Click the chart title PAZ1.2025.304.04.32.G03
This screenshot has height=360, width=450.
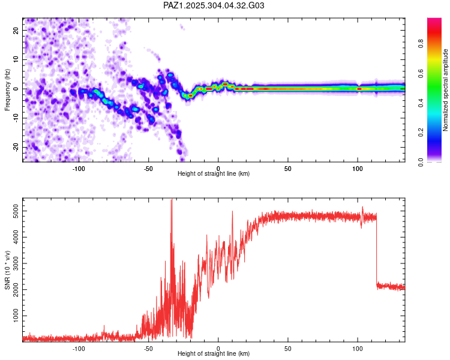pyautogui.click(x=214, y=5)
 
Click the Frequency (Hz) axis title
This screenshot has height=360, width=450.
pyautogui.click(x=7, y=89)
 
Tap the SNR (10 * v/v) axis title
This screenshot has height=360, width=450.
pyautogui.click(x=7, y=270)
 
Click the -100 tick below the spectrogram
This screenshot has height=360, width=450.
pyautogui.click(x=78, y=169)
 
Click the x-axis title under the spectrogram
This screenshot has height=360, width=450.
pyautogui.click(x=214, y=174)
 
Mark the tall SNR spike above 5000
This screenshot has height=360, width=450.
pyautogui.click(x=172, y=202)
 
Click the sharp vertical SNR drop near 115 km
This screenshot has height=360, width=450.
pyautogui.click(x=376, y=252)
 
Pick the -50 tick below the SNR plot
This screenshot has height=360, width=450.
pyautogui.click(x=148, y=348)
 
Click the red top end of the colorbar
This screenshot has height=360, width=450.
pyautogui.click(x=434, y=21)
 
